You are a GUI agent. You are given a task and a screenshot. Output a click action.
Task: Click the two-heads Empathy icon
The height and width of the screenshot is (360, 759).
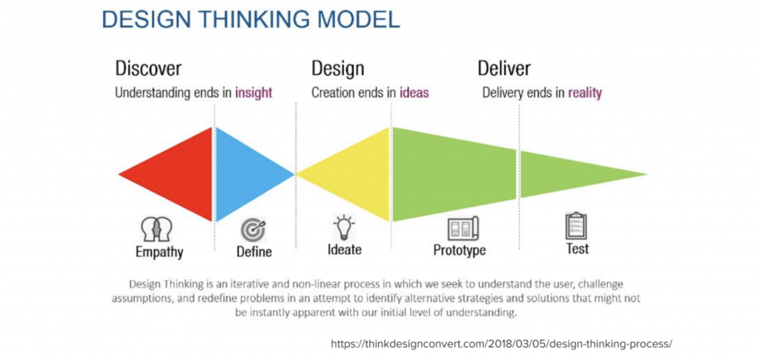coord(157,230)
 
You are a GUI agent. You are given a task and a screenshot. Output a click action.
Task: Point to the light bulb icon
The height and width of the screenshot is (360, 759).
coord(344,227)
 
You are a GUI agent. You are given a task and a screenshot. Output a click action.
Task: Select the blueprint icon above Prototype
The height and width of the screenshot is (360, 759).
coord(463,228)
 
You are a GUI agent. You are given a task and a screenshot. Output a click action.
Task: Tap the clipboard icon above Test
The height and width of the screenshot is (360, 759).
coord(575,225)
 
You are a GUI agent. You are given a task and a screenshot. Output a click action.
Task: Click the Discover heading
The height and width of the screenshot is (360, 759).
coord(148,68)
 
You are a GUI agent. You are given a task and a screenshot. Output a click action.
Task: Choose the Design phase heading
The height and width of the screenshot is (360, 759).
coord(338,68)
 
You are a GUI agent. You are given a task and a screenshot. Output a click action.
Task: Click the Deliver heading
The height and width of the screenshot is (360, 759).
coord(504,68)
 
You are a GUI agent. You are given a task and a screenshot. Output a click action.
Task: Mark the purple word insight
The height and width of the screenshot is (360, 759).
coord(253,93)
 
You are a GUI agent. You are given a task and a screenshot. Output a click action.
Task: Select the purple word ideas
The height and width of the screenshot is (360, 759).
coord(414,93)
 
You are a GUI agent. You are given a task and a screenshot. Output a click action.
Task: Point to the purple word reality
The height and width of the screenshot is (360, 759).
coord(585,93)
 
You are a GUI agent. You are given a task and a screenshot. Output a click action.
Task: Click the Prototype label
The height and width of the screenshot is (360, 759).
coord(460,250)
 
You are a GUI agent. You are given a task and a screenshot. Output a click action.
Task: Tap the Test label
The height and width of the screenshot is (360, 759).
coord(577,249)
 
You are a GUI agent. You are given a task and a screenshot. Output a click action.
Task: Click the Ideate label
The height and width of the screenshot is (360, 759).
coord(345,250)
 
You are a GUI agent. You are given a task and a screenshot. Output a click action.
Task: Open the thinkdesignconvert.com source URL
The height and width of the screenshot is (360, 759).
coord(502,344)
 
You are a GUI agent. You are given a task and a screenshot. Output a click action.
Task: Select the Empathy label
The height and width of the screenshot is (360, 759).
coord(159,253)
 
